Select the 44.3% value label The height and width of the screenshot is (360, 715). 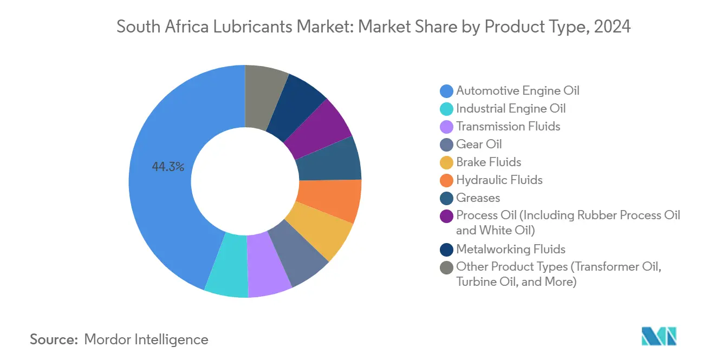[x=168, y=167]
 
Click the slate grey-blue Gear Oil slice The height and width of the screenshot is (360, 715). [x=300, y=252]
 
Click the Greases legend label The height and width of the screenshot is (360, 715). [x=478, y=198]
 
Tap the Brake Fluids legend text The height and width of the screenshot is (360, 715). [x=488, y=162]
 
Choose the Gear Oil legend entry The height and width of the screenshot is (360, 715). [x=479, y=144]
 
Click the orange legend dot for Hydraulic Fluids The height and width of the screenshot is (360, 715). [x=447, y=180]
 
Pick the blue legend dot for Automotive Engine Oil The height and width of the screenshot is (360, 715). [x=447, y=91]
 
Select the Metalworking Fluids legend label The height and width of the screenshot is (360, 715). [x=510, y=249]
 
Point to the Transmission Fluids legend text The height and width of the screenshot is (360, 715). [x=508, y=126]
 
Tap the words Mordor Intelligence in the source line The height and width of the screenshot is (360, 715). [x=146, y=339]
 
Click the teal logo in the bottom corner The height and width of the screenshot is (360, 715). [x=659, y=336]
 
